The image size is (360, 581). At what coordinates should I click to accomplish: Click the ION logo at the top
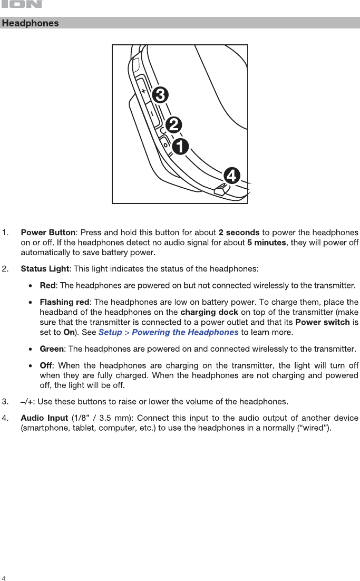[21, 5]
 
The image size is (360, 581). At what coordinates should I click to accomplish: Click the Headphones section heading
[30, 23]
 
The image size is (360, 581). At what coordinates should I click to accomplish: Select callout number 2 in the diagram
[173, 125]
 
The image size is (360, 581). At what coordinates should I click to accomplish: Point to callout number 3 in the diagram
[160, 95]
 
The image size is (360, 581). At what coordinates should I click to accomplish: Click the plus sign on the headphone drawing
[143, 91]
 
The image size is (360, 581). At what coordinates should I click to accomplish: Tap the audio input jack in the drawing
[220, 190]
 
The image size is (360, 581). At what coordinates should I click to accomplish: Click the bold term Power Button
[48, 233]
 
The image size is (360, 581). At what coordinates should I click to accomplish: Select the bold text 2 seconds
[239, 233]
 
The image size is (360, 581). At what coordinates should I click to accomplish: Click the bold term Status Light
[45, 269]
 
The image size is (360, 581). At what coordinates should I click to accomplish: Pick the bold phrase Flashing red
[65, 302]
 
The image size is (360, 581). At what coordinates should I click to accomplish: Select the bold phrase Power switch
[323, 322]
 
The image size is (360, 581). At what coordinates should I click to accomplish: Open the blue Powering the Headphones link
[185, 332]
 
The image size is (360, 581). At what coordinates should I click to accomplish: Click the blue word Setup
[110, 332]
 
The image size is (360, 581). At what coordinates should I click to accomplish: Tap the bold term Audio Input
[44, 418]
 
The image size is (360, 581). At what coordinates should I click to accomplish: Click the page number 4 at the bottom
[4, 577]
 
